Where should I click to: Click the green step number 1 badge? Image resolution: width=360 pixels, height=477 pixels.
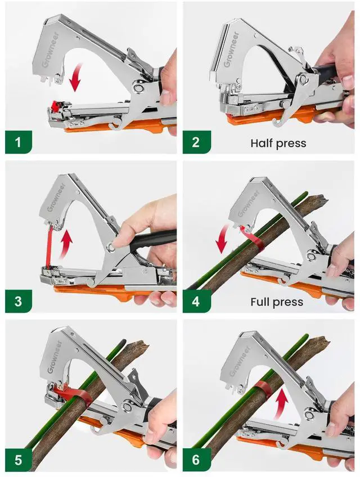coord(19,142)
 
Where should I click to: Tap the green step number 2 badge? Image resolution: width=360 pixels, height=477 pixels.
coord(196,142)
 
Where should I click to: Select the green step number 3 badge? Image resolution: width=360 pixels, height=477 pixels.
coord(19,301)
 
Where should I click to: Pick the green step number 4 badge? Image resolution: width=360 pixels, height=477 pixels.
coord(196,301)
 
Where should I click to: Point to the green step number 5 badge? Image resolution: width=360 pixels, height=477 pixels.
coord(19,460)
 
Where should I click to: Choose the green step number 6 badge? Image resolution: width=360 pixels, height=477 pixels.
coord(196,460)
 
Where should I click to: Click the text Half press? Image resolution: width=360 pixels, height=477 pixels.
coord(278,143)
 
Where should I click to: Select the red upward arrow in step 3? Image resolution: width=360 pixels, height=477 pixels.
coord(67,240)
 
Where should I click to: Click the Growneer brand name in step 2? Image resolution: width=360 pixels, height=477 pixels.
coord(231,49)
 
